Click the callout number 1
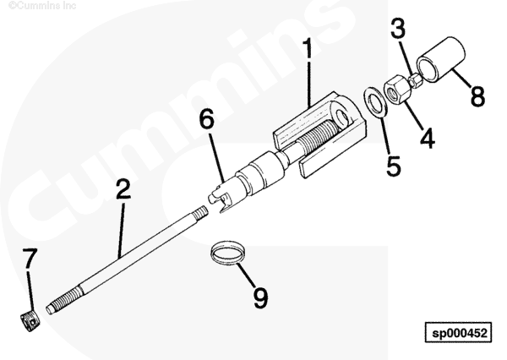[308, 48]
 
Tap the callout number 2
[124, 188]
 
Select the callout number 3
[398, 28]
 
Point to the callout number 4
[428, 138]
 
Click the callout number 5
[394, 166]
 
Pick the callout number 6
[207, 118]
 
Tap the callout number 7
[30, 258]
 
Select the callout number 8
[477, 96]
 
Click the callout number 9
[260, 297]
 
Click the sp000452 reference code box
[459, 332]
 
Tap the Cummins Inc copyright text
[42, 5]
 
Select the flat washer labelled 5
[375, 101]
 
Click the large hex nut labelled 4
[395, 89]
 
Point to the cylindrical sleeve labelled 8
[441, 59]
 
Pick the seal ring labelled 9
[227, 253]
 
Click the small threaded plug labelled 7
[30, 321]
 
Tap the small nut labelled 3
[415, 80]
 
